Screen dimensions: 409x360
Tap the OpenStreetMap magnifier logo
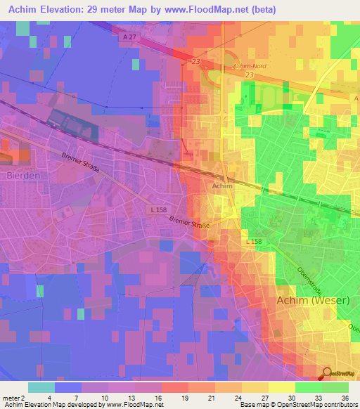pos(328,374)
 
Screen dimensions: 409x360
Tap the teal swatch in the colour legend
pos(41,387)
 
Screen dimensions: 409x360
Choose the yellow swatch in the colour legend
pos(281,387)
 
